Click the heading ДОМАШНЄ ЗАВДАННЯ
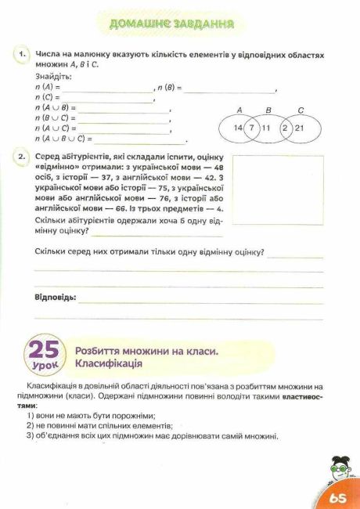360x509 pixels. (x=173, y=24)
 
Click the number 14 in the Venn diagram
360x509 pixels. (x=239, y=127)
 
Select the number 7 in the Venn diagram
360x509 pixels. (x=252, y=127)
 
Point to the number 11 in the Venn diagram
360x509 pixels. (x=266, y=127)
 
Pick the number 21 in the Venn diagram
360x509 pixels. (x=299, y=127)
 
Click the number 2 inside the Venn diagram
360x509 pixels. (x=286, y=127)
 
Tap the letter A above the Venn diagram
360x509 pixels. (x=239, y=110)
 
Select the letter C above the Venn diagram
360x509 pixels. (x=301, y=110)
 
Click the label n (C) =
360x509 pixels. (x=48, y=98)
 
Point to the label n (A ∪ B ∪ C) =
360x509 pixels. (x=64, y=139)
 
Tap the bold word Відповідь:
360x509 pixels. (x=56, y=298)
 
